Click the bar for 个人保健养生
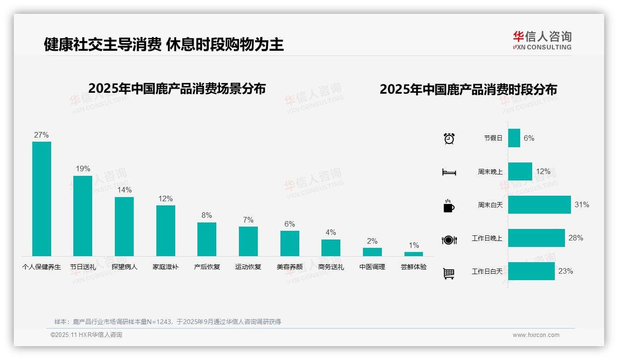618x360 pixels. click(x=42, y=198)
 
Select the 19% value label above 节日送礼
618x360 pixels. click(x=83, y=169)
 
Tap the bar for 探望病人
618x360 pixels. click(x=124, y=226)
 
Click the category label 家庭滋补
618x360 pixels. click(x=166, y=267)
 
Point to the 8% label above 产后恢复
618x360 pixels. click(x=207, y=216)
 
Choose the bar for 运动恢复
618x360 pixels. click(x=248, y=241)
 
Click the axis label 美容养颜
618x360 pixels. click(x=290, y=267)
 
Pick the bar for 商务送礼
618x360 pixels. click(x=331, y=248)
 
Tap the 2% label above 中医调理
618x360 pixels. click(x=372, y=241)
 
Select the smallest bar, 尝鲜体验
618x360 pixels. click(x=414, y=254)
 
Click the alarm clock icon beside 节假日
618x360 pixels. click(x=449, y=138)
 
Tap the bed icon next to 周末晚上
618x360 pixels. click(x=449, y=172)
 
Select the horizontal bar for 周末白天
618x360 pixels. click(x=539, y=204)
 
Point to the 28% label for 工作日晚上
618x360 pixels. click(x=576, y=238)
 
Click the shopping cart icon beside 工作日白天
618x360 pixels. click(x=449, y=273)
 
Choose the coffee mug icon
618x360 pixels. click(x=449, y=206)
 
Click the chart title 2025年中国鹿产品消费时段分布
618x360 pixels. click(x=468, y=89)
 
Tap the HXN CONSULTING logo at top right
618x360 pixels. click(x=542, y=40)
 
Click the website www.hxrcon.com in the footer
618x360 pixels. click(x=535, y=335)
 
